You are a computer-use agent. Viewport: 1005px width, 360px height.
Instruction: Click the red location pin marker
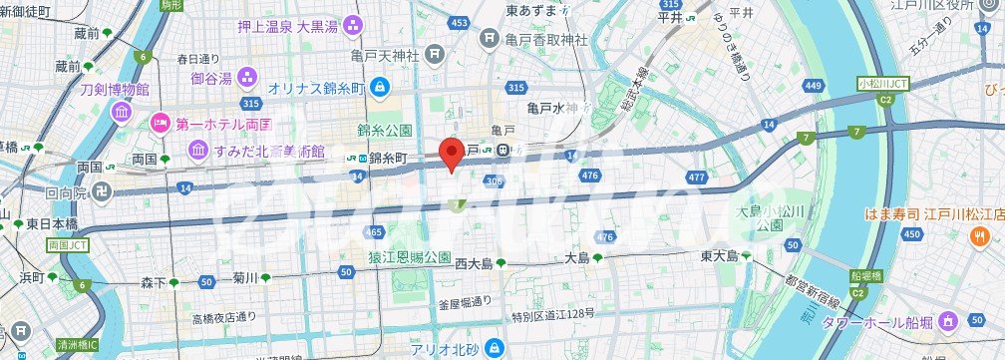pyautogui.click(x=452, y=156)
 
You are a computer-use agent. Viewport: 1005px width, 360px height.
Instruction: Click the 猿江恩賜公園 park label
pyautogui.click(x=409, y=255)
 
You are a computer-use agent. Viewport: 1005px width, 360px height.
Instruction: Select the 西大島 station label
pyautogui.click(x=474, y=264)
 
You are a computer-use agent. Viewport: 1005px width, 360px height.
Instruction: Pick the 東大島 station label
pyautogui.click(x=720, y=256)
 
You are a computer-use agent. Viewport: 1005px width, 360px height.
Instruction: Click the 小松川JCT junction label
pyautogui.click(x=883, y=86)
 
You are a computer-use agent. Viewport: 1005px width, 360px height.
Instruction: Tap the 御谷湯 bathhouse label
pyautogui.click(x=210, y=77)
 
